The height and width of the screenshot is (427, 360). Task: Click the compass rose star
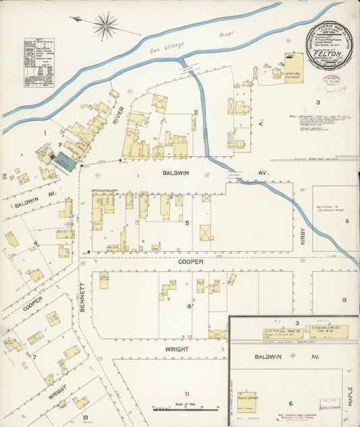105,26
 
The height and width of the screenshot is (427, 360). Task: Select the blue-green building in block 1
64,160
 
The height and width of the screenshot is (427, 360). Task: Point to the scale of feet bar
186,408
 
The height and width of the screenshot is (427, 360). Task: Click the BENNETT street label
83,295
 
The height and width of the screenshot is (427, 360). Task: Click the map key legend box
38,63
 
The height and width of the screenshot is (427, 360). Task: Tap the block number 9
343,300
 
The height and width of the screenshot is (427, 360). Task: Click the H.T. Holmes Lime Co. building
311,332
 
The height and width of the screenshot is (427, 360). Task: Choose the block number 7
33,356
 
